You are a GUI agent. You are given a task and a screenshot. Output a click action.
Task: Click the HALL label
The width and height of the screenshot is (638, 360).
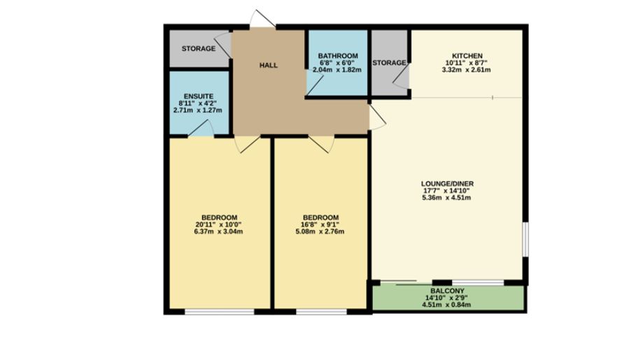[x=269, y=66]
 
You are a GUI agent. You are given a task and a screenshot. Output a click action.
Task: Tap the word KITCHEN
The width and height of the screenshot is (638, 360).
[x=467, y=56]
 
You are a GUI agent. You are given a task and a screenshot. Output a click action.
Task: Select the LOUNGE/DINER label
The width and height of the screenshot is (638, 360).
[x=448, y=184]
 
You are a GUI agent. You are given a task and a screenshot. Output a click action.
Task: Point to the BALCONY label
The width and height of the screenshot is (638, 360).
[x=448, y=290]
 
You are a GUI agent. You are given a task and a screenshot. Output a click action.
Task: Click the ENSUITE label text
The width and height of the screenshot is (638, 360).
[x=199, y=96]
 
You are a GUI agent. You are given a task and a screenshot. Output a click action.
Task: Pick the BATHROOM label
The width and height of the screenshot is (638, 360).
[x=338, y=56]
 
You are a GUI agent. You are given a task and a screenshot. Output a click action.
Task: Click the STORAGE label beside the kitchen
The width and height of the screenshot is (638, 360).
[x=389, y=63]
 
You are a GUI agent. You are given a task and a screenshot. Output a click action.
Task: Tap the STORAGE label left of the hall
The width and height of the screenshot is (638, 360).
[x=199, y=49]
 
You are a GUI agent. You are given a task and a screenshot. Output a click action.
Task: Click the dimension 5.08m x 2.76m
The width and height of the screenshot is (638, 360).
[x=321, y=231]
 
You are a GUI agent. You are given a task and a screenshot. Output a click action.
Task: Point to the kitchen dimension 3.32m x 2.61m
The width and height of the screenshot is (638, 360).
[x=467, y=71]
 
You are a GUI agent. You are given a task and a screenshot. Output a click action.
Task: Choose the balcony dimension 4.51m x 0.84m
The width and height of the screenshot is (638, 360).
[x=448, y=305]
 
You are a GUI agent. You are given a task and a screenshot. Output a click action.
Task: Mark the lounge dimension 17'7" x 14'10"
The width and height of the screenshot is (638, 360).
[x=448, y=191]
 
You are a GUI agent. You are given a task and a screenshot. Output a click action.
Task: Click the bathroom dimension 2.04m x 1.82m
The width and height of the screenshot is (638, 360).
[x=338, y=71]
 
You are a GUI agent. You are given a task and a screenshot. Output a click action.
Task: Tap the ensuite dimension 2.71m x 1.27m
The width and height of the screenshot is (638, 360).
[x=199, y=110]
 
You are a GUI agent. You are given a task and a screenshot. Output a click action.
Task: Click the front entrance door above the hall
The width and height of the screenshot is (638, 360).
[x=264, y=20]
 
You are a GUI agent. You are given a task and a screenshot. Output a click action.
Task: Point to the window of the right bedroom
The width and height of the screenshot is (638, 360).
[x=321, y=310]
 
